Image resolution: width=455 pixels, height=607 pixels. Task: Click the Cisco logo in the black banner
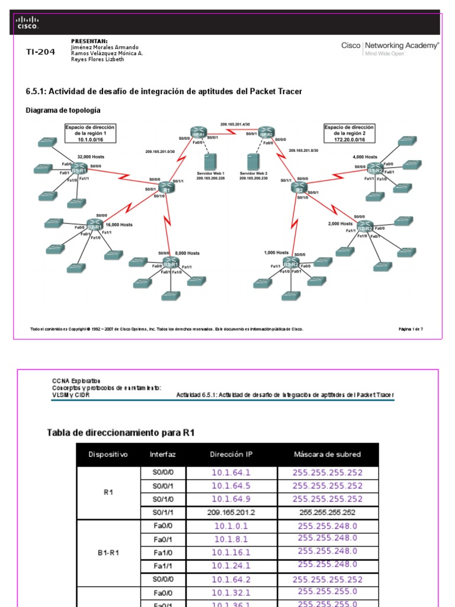[27, 23]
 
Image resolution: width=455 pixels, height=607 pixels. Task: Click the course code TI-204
[40, 52]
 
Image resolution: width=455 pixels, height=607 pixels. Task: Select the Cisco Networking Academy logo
[390, 48]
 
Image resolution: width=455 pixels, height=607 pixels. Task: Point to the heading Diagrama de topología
[63, 110]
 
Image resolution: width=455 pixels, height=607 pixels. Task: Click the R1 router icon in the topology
[166, 188]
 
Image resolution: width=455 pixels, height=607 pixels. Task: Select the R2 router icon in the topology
[300, 189]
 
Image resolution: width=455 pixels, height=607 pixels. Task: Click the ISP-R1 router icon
[198, 133]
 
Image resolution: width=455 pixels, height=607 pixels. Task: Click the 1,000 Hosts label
[276, 253]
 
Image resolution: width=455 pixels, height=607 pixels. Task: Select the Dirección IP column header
[230, 455]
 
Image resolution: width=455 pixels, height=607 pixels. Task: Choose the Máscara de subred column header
[327, 455]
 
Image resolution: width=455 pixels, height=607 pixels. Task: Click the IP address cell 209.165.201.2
[231, 512]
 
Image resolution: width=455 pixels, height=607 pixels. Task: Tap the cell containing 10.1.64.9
[231, 499]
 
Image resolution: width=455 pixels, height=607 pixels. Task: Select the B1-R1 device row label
[108, 552]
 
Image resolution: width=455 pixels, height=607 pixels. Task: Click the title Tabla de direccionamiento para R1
[121, 433]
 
